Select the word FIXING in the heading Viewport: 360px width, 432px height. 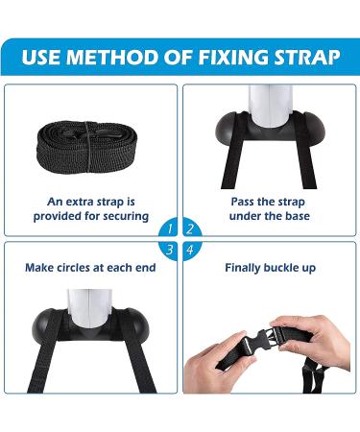point(233,57)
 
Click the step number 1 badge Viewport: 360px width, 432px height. point(169,228)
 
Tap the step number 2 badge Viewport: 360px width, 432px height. point(191,228)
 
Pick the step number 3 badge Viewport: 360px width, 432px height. point(169,250)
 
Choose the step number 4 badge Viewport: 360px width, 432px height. point(191,250)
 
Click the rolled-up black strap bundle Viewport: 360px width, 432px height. point(87,147)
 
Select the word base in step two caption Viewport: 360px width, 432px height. point(298,216)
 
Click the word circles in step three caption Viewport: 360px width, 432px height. point(75,268)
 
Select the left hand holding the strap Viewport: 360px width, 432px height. point(218,364)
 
